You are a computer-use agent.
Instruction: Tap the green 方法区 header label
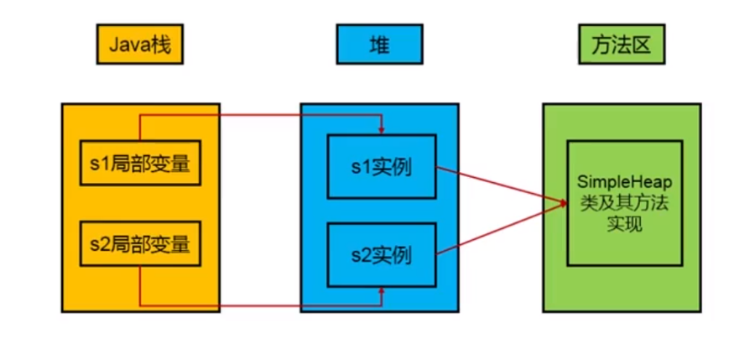pos(620,45)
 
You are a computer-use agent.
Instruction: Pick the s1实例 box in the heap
pos(382,166)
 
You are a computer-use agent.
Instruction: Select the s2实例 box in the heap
pos(382,253)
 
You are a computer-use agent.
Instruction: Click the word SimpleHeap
pos(624,182)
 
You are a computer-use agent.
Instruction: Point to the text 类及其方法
pos(624,204)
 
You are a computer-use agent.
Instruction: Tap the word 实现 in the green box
pos(624,225)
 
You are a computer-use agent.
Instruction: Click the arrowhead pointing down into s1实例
pos(382,131)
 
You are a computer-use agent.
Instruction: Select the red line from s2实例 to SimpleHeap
pos(499,227)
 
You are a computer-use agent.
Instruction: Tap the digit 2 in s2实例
pos(361,253)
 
